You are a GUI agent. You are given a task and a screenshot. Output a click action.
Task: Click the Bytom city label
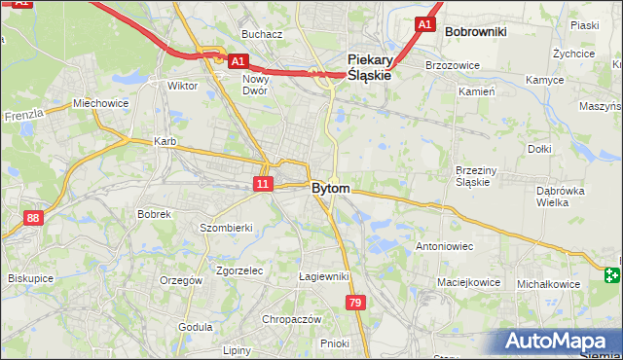[331, 188]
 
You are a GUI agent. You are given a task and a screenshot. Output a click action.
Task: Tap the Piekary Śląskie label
[369, 66]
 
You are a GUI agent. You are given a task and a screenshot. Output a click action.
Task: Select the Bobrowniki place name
[475, 31]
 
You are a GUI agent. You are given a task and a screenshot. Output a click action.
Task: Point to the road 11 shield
[263, 183]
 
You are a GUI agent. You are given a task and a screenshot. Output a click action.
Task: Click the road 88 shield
[34, 218]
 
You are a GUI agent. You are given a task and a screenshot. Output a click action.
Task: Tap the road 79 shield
[356, 305]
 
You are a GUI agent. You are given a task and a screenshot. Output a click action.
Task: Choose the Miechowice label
[101, 103]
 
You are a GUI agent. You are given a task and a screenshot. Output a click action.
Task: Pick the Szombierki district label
[226, 227]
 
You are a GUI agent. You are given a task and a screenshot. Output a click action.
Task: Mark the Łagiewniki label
[324, 276]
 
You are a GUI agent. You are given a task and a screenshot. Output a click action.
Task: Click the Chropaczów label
[292, 318]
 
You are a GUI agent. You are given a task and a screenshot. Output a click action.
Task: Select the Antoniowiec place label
[444, 246]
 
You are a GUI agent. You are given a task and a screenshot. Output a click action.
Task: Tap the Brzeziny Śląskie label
[477, 176]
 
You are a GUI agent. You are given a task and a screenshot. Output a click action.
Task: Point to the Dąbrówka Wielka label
[560, 197]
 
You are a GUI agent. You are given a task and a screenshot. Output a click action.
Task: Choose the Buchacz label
[262, 34]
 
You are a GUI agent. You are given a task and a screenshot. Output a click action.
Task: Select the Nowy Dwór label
[256, 85]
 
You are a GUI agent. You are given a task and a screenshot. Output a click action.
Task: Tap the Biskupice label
[29, 277]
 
